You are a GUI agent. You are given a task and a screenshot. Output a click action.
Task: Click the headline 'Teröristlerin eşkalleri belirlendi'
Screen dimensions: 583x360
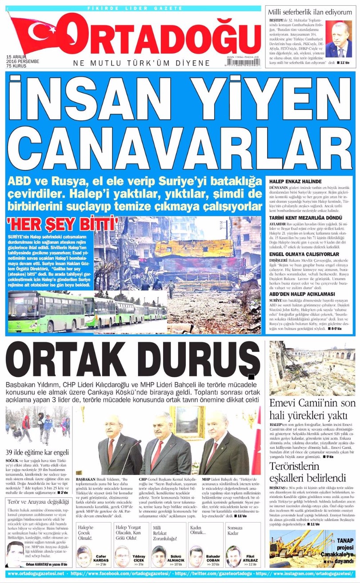point(307,472)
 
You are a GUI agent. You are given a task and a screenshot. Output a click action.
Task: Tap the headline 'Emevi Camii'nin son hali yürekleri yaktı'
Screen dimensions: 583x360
point(313,409)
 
